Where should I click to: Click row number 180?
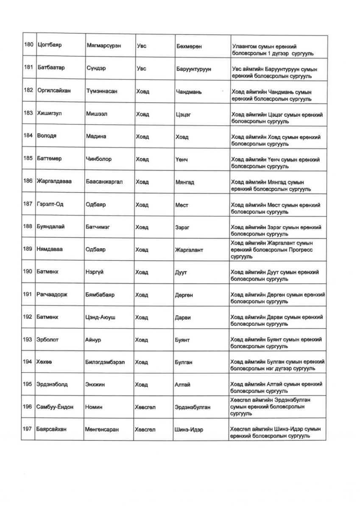tap(28, 45)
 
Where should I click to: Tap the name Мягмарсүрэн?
tap(103, 45)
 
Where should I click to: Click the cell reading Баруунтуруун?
tap(193, 69)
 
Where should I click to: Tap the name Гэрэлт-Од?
tap(50, 204)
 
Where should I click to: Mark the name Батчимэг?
tap(98, 227)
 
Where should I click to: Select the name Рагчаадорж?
tap(52, 294)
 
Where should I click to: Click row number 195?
tap(28, 385)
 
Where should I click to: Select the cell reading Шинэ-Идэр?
tap(189, 430)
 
